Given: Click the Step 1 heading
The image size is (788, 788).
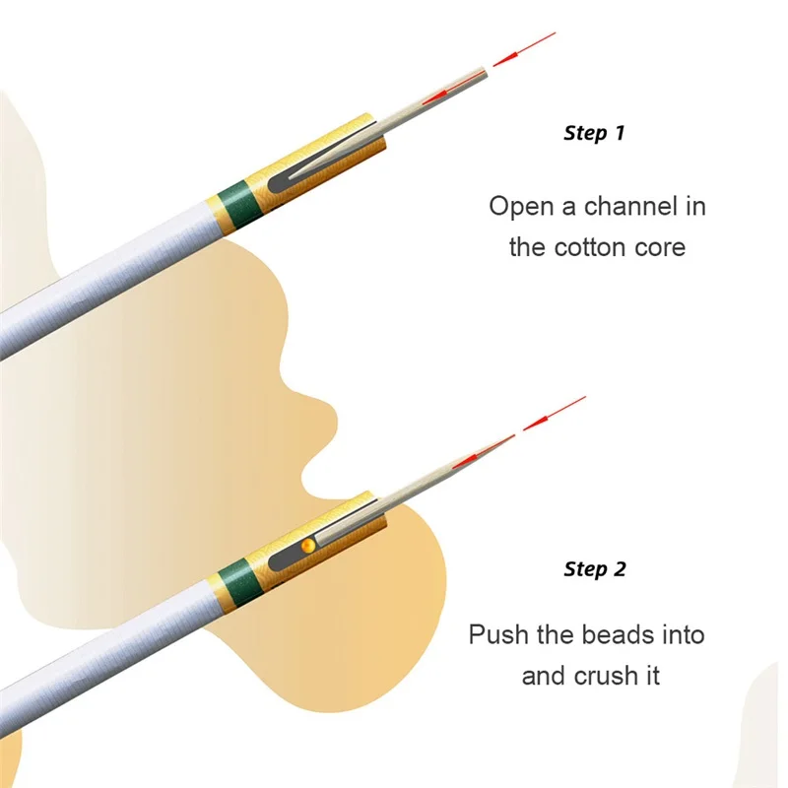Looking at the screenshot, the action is [x=594, y=133].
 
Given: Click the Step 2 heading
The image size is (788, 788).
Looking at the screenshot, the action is [x=594, y=569].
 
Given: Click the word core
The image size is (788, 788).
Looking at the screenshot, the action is [x=659, y=246].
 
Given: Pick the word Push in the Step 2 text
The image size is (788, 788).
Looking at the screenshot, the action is [x=498, y=634].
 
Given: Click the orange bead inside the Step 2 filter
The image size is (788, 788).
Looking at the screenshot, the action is [x=307, y=544].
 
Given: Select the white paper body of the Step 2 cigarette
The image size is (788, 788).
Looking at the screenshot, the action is [x=108, y=655].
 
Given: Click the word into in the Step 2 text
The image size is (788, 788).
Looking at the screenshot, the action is [x=683, y=634].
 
